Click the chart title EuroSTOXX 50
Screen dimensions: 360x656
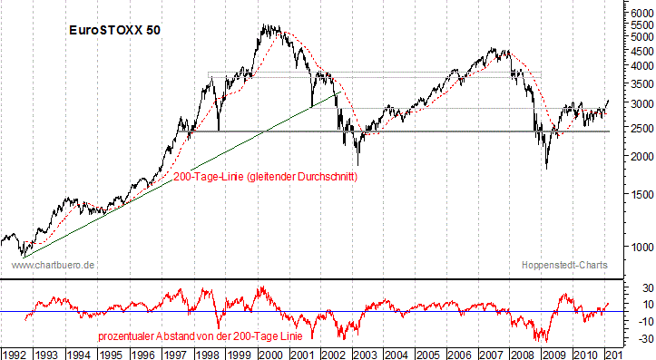[x=115, y=30]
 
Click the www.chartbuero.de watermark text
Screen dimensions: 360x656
[x=54, y=266]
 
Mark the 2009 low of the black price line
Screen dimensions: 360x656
[x=546, y=167]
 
